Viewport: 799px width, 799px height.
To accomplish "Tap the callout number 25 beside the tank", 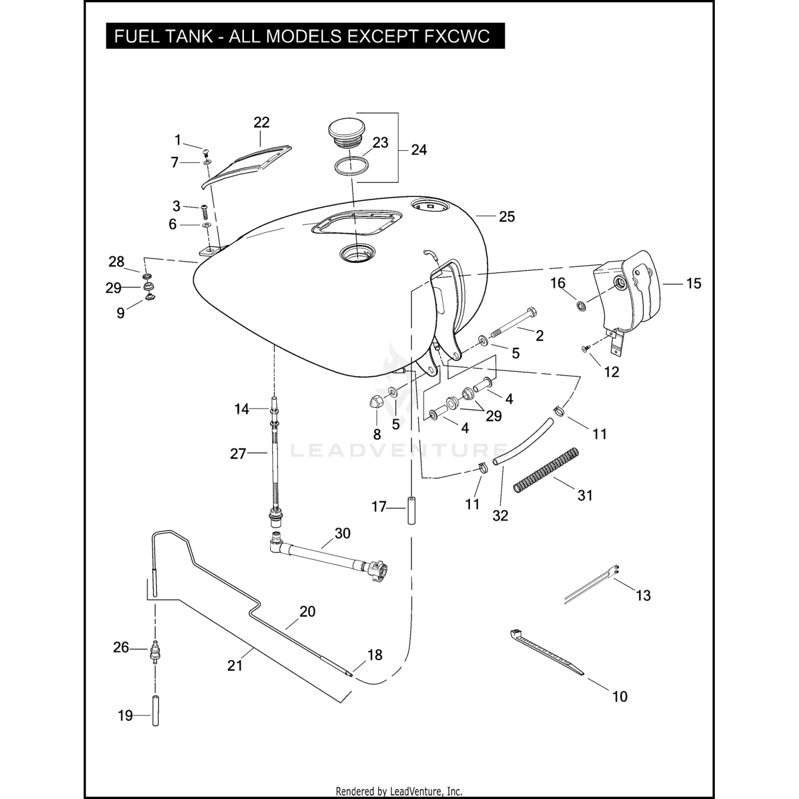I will tap(507, 217).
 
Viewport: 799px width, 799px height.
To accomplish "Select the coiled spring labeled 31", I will tap(545, 470).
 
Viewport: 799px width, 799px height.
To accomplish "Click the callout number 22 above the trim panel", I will tap(261, 123).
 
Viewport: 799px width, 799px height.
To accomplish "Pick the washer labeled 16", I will tap(581, 306).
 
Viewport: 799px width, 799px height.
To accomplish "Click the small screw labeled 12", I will tap(584, 349).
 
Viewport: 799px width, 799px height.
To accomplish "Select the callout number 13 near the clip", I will tap(643, 596).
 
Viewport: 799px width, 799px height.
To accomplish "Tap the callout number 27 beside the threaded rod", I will tap(238, 454).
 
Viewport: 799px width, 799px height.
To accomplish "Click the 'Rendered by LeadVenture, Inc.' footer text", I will tap(399, 791).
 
